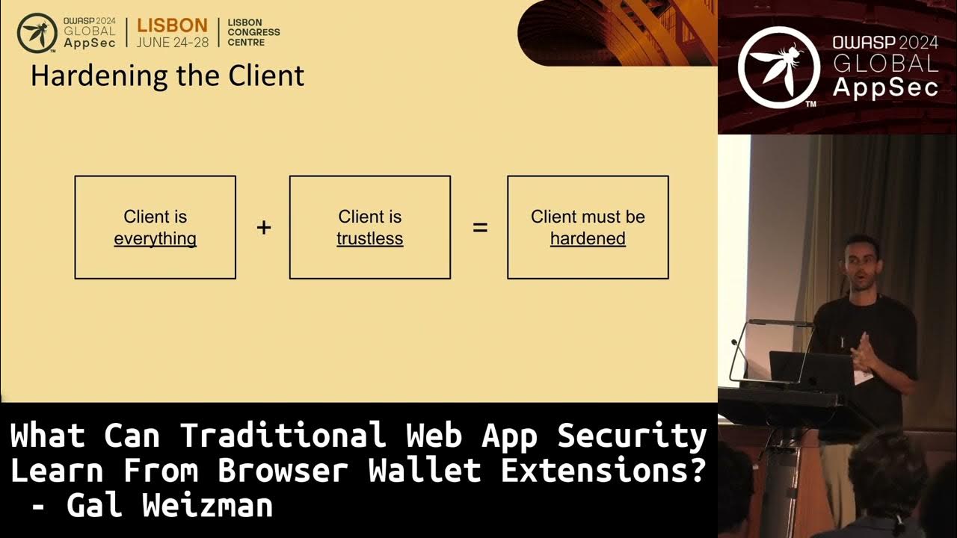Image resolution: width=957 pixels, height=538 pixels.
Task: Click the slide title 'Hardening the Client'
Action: [x=167, y=76]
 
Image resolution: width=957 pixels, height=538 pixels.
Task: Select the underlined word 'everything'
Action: [x=156, y=239]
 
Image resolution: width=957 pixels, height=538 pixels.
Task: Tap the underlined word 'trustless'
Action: [x=369, y=239]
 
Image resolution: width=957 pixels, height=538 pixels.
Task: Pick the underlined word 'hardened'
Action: [x=588, y=239]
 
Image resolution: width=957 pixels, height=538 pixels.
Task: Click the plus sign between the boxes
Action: [x=263, y=228]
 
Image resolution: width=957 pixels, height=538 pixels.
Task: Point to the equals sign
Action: [x=480, y=228]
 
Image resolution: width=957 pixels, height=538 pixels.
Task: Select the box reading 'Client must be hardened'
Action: [x=588, y=227]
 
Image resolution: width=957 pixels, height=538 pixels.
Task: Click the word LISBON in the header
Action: [x=172, y=25]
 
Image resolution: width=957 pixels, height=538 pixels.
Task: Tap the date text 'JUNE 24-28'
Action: [x=172, y=43]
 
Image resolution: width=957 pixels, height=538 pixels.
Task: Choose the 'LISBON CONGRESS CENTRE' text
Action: [x=253, y=32]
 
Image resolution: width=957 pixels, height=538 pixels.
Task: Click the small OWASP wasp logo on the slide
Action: [x=37, y=32]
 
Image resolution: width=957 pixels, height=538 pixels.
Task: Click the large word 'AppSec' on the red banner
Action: [x=885, y=87]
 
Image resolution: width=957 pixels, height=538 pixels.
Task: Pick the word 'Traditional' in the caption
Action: [x=283, y=436]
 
